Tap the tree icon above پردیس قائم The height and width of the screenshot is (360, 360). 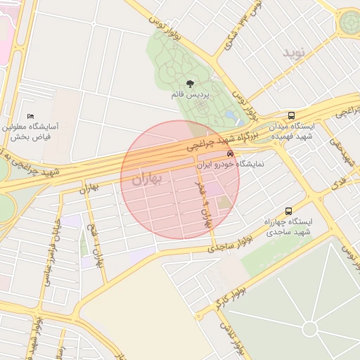190,84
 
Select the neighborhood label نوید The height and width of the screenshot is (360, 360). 296,53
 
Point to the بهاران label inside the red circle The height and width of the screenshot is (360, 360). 146,180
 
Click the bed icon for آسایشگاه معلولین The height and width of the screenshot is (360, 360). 30,116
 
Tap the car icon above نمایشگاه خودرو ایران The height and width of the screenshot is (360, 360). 230,153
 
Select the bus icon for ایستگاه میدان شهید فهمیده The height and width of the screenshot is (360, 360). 291,116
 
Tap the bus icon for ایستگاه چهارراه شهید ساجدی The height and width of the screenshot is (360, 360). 288,211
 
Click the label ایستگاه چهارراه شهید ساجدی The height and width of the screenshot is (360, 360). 288,227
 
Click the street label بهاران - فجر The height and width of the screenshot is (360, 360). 202,205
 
